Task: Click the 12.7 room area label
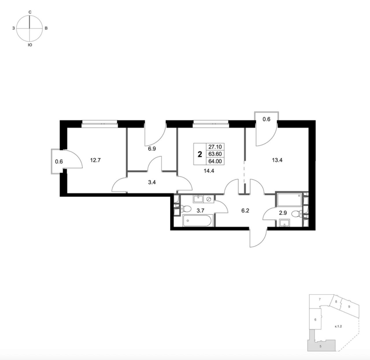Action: [x=95, y=160]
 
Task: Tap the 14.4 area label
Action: [x=209, y=171]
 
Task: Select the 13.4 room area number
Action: [x=277, y=160]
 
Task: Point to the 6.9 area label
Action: [x=152, y=149]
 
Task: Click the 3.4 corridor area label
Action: [x=152, y=182]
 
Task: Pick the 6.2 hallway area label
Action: [x=245, y=211]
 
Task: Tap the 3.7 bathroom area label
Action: [x=200, y=210]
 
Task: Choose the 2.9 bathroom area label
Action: [x=283, y=213]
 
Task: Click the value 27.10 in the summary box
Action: [x=215, y=147]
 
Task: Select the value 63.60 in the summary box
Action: [x=215, y=154]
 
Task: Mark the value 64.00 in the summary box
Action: [x=215, y=161]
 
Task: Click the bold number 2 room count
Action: [x=200, y=154]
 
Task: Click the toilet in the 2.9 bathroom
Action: [x=296, y=214]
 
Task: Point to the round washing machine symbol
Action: [x=209, y=199]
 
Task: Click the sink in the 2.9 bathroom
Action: [x=284, y=223]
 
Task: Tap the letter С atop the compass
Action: [x=30, y=12]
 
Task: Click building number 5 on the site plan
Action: [x=320, y=346]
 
